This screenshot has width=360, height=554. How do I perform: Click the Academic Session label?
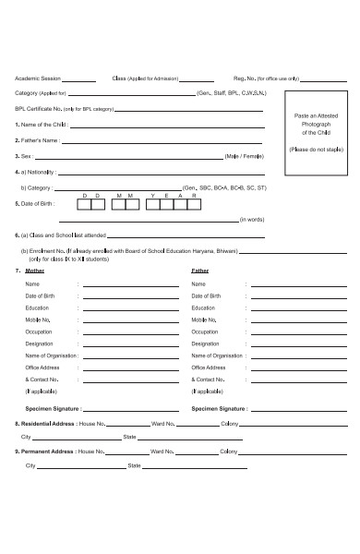[x=37, y=79]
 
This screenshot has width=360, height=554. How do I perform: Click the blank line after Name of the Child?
[x=166, y=126]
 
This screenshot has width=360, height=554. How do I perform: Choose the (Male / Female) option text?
[x=245, y=156]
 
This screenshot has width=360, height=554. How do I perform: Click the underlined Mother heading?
[x=34, y=271]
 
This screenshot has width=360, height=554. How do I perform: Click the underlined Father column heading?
[x=199, y=271]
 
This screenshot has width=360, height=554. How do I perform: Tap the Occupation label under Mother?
[x=39, y=331]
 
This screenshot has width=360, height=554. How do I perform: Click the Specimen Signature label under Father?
[x=219, y=407]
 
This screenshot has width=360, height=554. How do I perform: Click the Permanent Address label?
[x=44, y=452]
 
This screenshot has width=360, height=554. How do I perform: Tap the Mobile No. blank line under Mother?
[x=130, y=319]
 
